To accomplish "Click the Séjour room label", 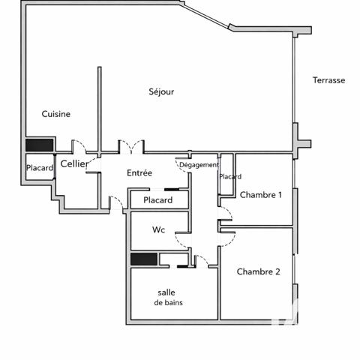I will click(x=161, y=91).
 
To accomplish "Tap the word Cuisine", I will click(x=56, y=114).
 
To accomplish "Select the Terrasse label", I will click(x=328, y=80).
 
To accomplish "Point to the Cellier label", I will click(x=73, y=163).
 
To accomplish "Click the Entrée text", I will click(x=139, y=173).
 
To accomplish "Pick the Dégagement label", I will click(x=199, y=165).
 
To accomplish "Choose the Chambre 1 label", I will click(x=260, y=195).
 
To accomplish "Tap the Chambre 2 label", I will click(x=258, y=271).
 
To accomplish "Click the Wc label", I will click(x=158, y=229).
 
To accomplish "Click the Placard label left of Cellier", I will click(x=39, y=168).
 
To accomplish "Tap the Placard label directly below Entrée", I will click(x=157, y=200).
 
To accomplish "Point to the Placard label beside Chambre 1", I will click(x=230, y=177).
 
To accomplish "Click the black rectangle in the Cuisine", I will click(x=39, y=145).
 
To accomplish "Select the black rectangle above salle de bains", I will click(x=143, y=259).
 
